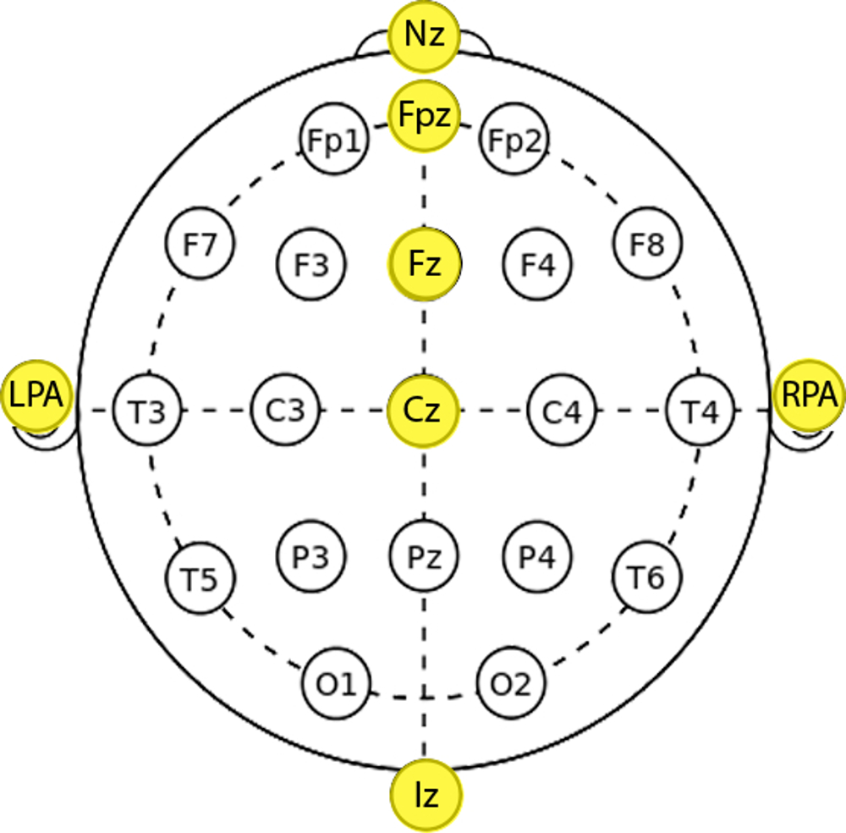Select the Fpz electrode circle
click(x=424, y=116)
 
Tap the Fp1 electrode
click(x=335, y=141)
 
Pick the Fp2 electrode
click(x=514, y=141)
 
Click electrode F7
click(x=201, y=245)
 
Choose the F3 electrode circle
click(x=311, y=265)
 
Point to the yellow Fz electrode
click(x=424, y=264)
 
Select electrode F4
click(x=537, y=265)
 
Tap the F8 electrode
click(x=648, y=245)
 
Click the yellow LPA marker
click(x=36, y=395)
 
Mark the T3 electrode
click(x=146, y=411)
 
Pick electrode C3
click(x=286, y=411)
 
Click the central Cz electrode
click(x=424, y=411)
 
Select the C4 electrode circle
click(x=562, y=411)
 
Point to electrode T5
click(x=201, y=579)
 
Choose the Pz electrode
click(x=424, y=556)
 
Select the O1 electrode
click(x=336, y=682)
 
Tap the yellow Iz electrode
click(x=427, y=796)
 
